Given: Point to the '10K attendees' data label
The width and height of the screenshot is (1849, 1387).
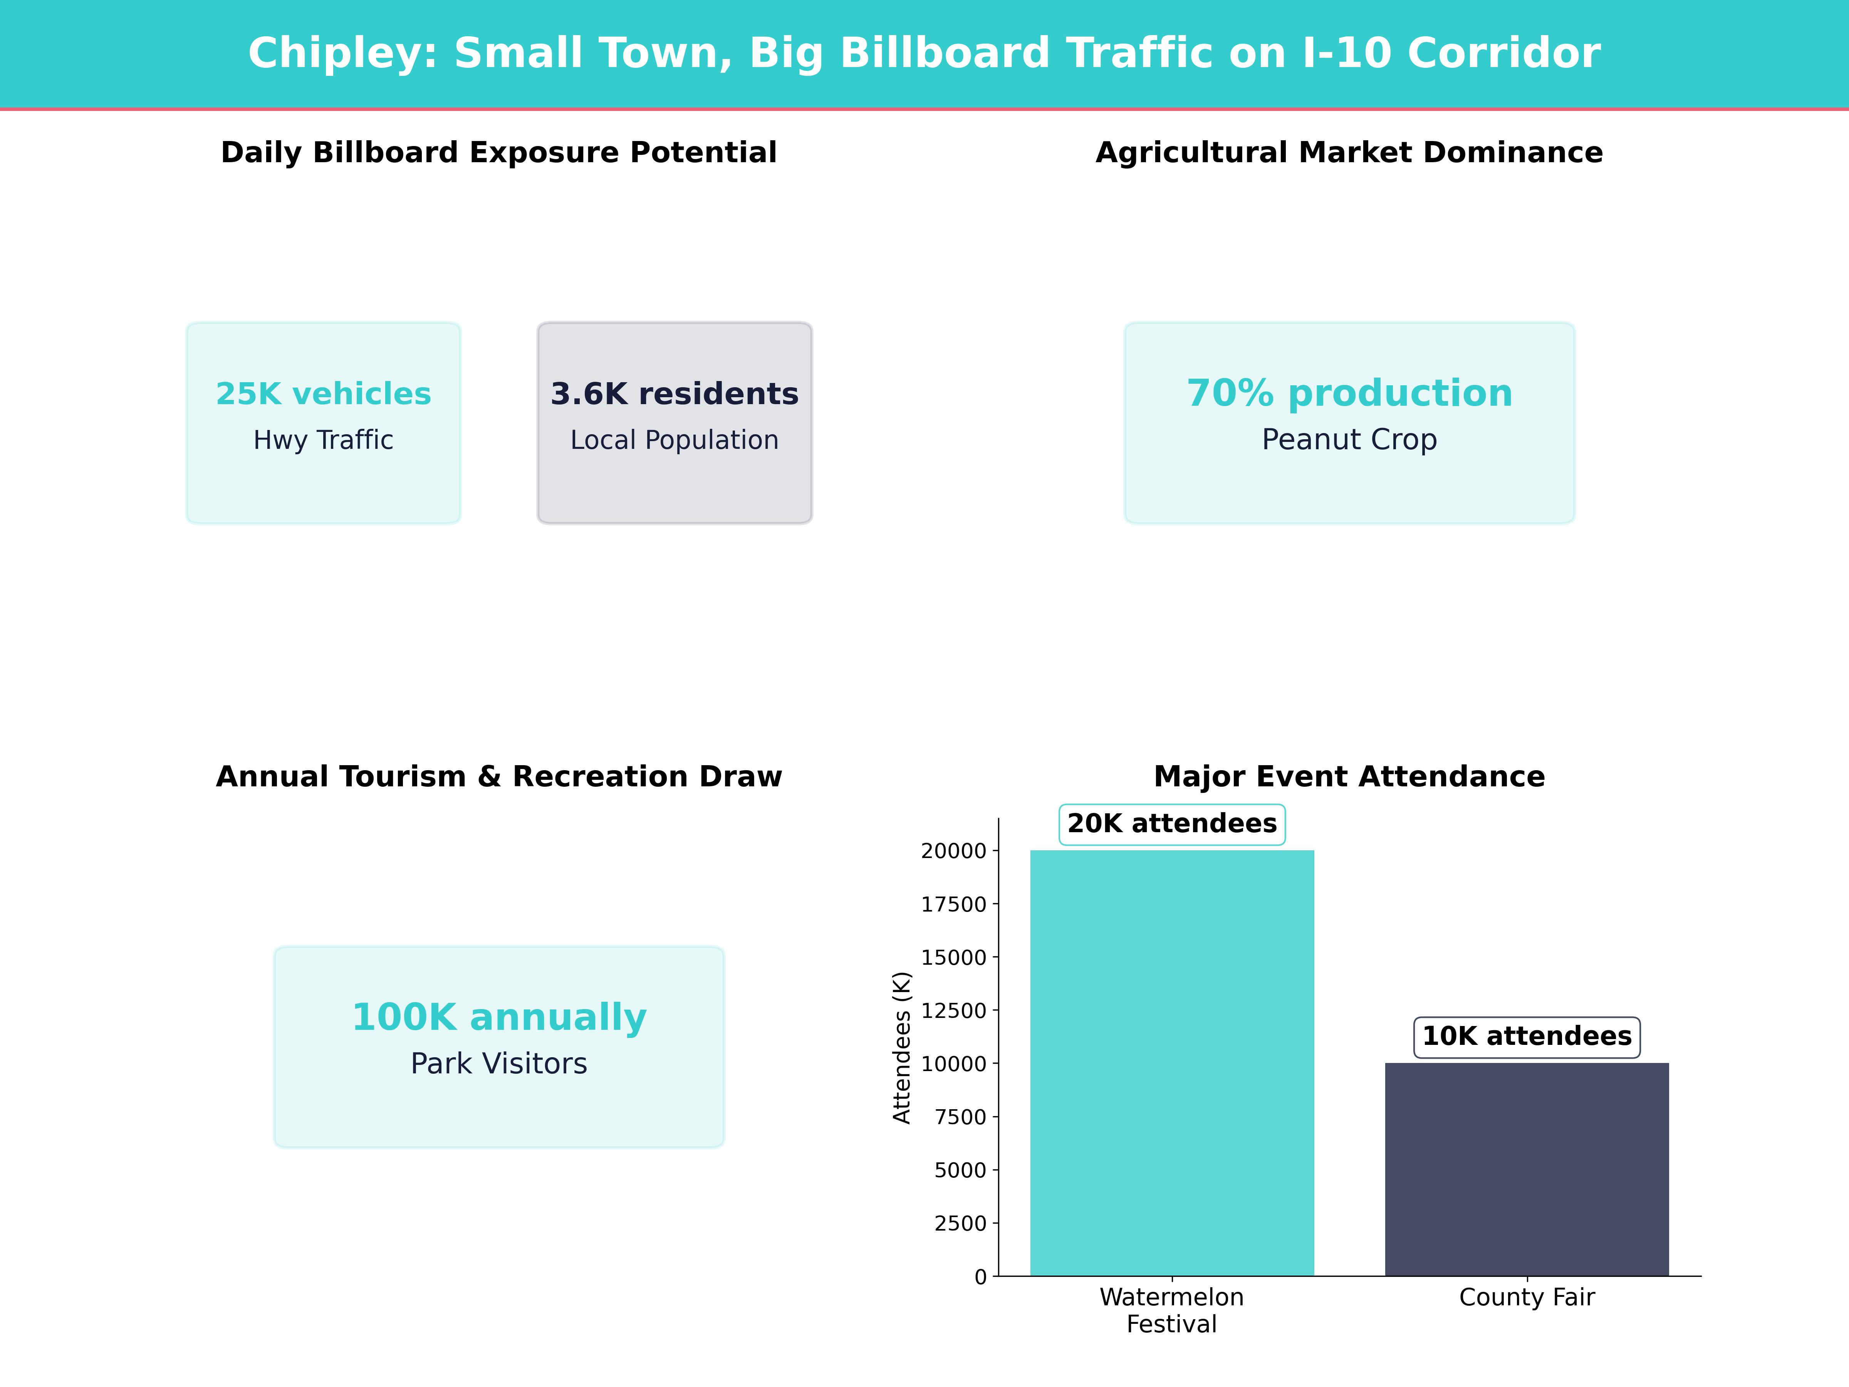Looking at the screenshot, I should [1526, 1037].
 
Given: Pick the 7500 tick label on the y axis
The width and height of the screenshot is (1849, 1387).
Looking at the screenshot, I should [960, 1117].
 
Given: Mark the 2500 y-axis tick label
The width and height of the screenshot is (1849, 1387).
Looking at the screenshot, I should [960, 1223].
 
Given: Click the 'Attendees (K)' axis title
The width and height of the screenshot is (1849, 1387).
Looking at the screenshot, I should [901, 1048].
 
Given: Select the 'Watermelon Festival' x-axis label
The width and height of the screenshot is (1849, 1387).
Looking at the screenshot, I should [1172, 1310].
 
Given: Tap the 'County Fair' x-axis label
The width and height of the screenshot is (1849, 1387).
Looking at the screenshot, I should [1526, 1298].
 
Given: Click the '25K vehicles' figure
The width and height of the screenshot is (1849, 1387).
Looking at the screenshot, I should [324, 394].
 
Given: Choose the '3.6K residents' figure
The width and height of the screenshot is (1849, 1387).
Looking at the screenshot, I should [674, 394].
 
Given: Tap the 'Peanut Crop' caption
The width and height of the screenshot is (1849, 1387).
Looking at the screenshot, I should [1349, 440].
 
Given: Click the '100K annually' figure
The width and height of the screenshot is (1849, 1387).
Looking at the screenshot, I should [499, 1018].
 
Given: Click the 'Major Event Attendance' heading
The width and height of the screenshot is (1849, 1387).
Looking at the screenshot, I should [1349, 777].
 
